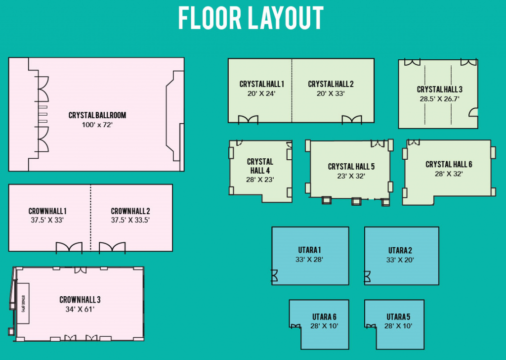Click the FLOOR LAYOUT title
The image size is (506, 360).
[x=251, y=18]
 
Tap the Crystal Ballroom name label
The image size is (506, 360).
[x=97, y=115]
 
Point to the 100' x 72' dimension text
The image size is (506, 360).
[x=97, y=125]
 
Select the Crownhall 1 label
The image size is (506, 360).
[x=47, y=211]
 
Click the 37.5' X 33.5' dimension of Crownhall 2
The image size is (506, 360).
[x=130, y=220]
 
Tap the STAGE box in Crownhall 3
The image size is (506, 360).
[x=23, y=304]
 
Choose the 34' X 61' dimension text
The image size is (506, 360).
[x=80, y=309]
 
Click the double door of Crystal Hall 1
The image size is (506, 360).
[x=248, y=120]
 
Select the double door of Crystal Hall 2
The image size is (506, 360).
[x=352, y=120]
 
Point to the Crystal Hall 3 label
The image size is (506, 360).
[x=439, y=90]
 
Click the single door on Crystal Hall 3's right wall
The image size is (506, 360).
[x=473, y=112]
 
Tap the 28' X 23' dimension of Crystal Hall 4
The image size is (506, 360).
[x=260, y=180]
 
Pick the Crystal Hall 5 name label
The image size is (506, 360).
[x=351, y=167]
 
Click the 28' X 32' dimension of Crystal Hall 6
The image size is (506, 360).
[x=449, y=174]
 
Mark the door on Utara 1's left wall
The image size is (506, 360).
[x=274, y=276]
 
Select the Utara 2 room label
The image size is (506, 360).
[x=400, y=251]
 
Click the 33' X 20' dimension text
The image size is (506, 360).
[x=400, y=260]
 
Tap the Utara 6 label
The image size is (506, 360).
[x=324, y=317]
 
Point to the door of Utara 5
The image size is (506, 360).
[x=371, y=326]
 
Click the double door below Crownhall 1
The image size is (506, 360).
[x=69, y=248]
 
